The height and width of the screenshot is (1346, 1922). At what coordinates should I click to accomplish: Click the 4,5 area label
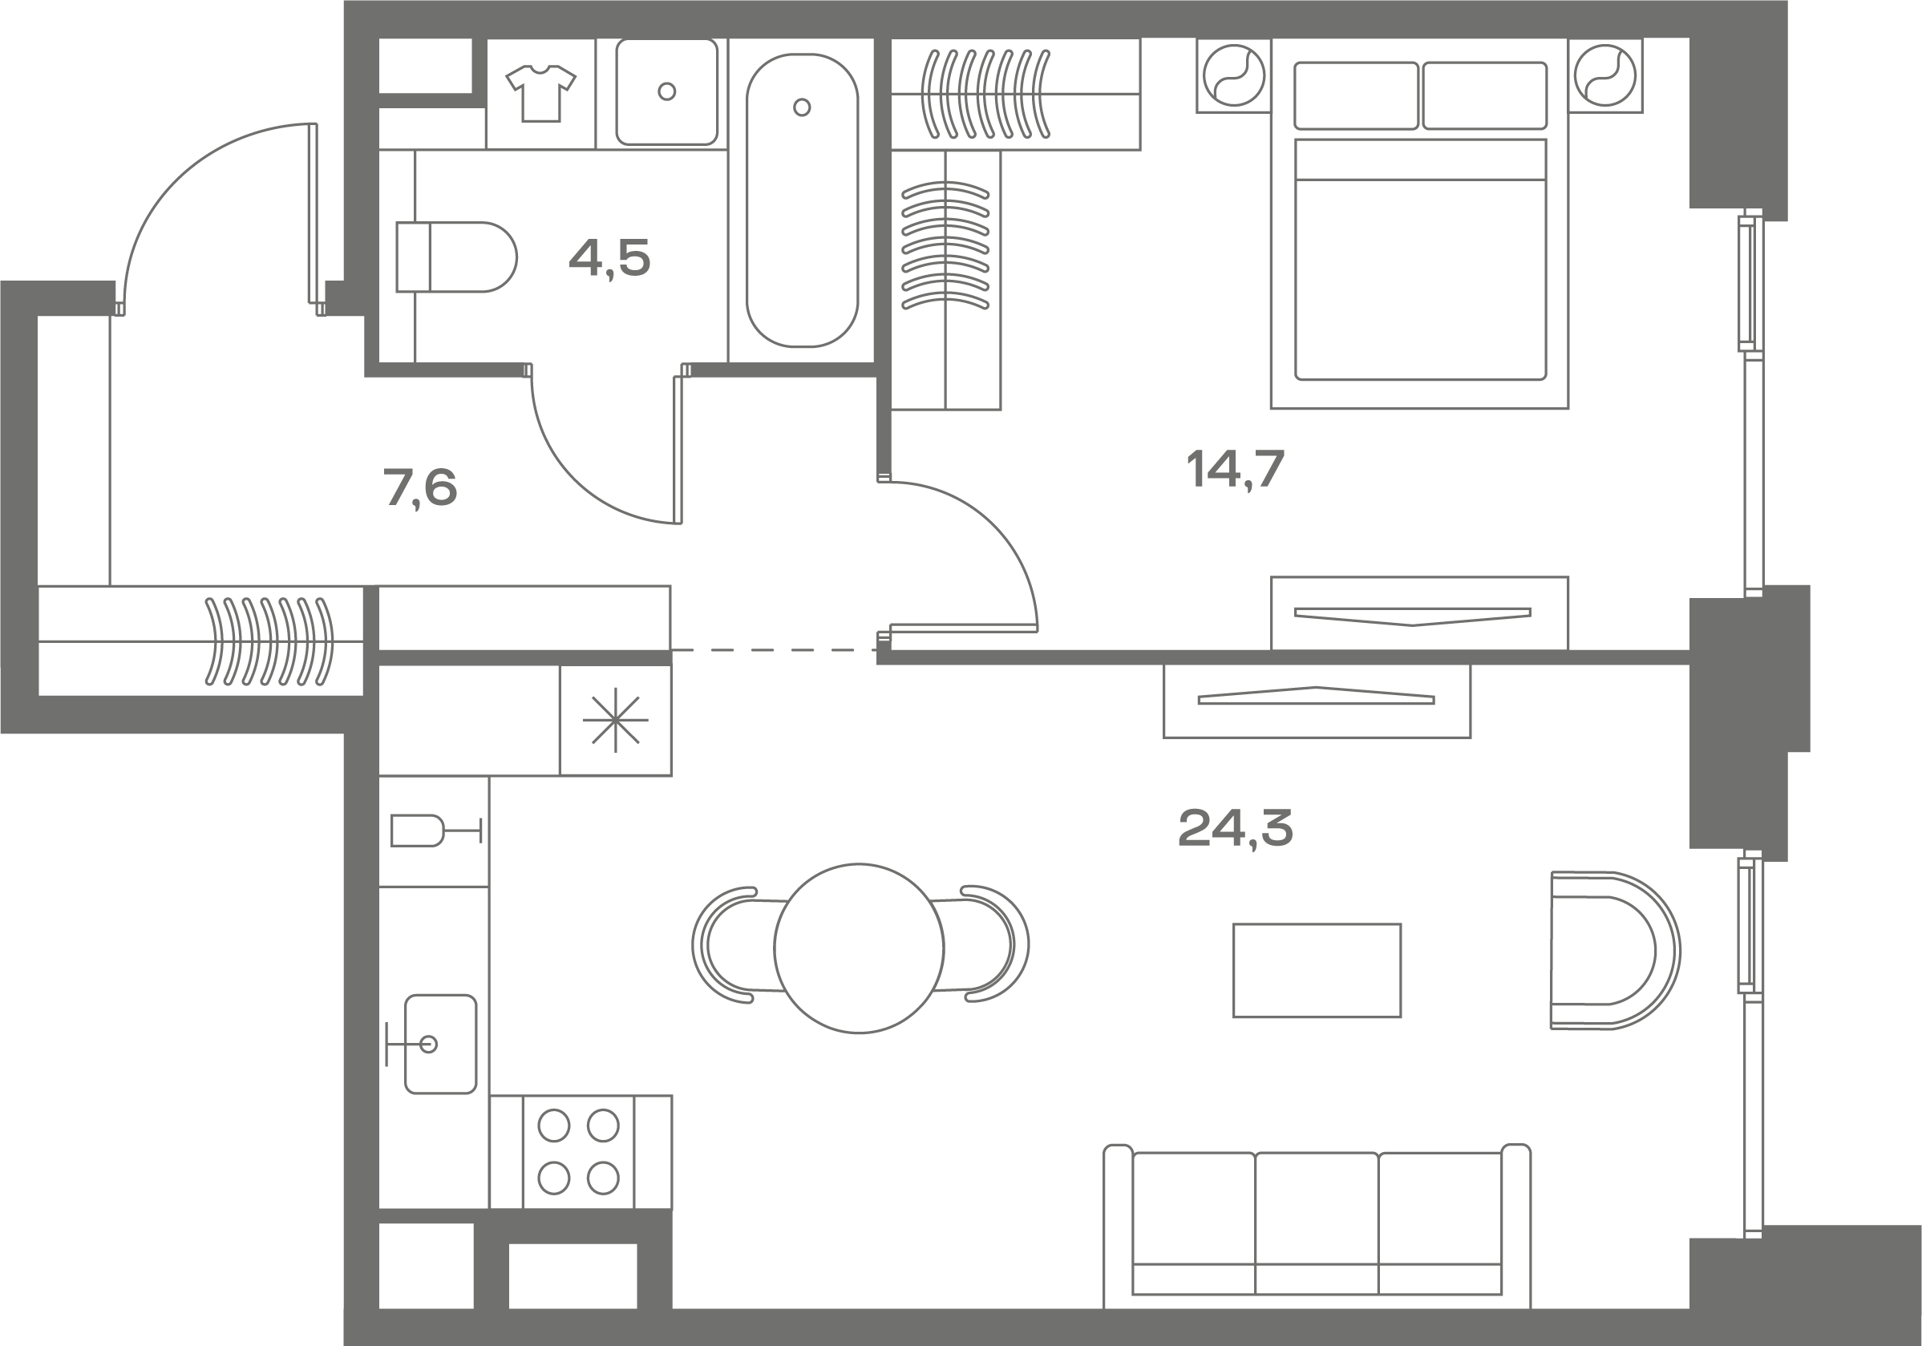609,258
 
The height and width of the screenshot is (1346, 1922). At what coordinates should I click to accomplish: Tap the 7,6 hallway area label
420,488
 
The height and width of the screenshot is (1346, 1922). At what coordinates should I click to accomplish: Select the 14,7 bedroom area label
1235,469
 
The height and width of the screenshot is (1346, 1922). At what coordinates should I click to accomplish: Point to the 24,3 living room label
1235,828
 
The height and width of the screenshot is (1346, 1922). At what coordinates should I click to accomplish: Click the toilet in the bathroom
456,257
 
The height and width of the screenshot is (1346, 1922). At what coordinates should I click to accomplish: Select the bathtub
802,200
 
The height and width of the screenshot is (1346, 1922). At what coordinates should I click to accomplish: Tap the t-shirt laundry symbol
540,92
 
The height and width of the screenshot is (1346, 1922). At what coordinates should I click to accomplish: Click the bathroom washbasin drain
667,91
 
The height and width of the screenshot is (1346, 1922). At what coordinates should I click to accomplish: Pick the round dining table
859,948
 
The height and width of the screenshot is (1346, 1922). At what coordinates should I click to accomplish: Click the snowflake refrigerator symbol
615,719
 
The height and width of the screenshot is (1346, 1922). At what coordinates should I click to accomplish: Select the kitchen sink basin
440,1044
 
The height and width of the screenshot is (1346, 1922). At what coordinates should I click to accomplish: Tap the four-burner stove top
578,1152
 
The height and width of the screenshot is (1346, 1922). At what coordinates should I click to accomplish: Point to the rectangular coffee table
1317,970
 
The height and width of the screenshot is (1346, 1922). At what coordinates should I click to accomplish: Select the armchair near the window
1615,950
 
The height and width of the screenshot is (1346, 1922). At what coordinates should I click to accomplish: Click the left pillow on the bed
1356,95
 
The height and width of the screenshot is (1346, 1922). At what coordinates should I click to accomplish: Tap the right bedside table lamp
1604,75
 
